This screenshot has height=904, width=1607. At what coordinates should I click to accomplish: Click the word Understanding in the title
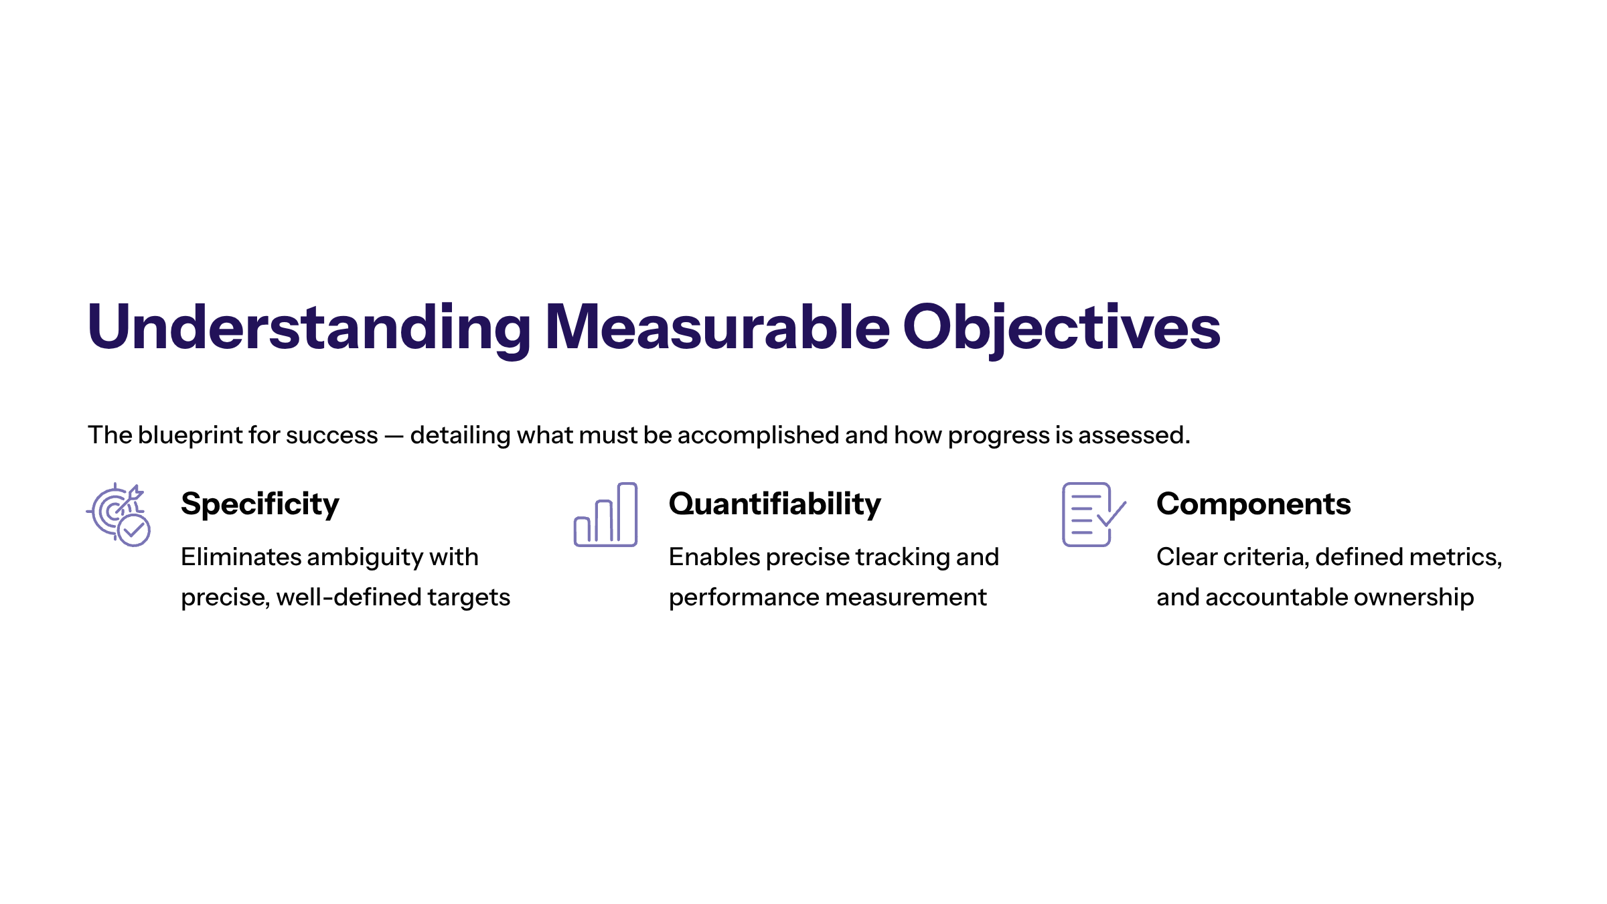point(309,327)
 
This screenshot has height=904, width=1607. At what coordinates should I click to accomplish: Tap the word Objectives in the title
point(1062,327)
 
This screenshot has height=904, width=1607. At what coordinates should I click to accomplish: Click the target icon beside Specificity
point(119,514)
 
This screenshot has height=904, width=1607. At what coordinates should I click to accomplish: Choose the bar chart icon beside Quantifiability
point(605,514)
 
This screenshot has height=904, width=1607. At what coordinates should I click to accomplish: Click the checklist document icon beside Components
point(1094,514)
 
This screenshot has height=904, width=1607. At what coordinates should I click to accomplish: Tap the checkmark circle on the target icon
point(134,530)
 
